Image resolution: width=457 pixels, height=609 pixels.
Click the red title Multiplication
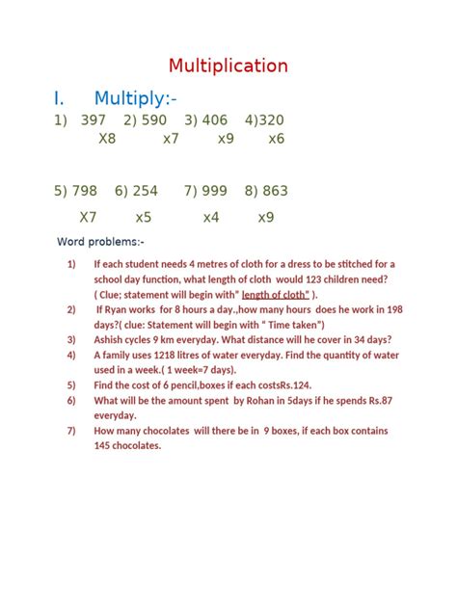click(x=228, y=66)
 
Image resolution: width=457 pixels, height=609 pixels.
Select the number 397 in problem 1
click(x=93, y=120)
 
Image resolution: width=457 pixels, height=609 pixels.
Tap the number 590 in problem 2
click(x=153, y=120)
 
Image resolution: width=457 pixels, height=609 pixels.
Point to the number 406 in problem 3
click(x=214, y=120)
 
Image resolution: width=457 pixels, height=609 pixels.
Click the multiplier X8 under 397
click(x=107, y=139)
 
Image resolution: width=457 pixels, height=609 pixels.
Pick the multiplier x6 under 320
click(x=277, y=139)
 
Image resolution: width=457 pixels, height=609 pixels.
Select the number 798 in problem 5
click(x=85, y=191)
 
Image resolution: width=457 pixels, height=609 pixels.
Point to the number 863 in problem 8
click(x=274, y=191)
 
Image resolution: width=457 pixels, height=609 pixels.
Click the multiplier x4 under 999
click(x=211, y=218)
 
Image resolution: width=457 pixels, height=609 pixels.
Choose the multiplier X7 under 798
click(x=88, y=218)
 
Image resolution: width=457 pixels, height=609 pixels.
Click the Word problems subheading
click(x=100, y=241)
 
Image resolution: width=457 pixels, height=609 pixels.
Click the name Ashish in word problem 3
click(x=112, y=339)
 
